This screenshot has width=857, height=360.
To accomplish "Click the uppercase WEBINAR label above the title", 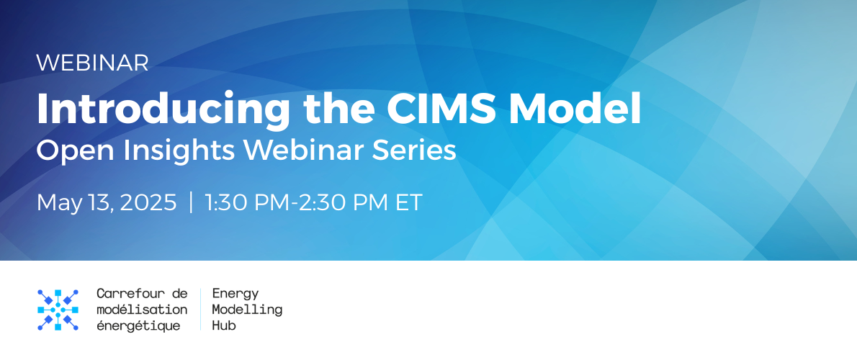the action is tap(92, 63).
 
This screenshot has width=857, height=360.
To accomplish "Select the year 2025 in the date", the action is tap(148, 202).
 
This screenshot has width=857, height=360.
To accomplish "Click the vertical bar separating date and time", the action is tap(191, 202).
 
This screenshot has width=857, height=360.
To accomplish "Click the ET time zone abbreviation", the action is tap(408, 202).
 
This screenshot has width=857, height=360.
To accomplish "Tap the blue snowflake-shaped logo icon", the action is tap(58, 310).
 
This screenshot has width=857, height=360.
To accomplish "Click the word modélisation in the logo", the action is tap(142, 310).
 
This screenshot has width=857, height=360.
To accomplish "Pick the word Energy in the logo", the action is tap(235, 294).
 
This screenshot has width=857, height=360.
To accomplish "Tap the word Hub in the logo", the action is tap(224, 326).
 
